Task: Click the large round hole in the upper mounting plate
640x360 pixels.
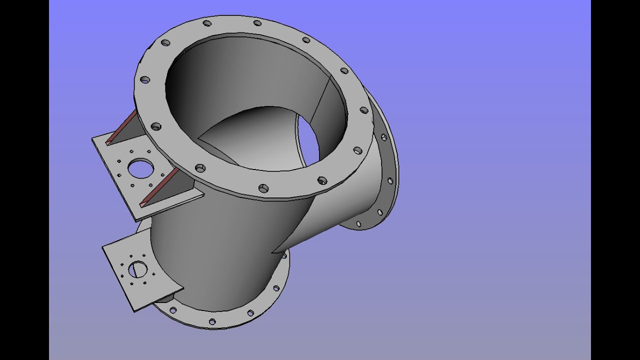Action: click(140, 168)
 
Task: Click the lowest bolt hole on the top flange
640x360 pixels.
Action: click(263, 188)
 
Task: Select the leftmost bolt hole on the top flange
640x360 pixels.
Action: click(144, 79)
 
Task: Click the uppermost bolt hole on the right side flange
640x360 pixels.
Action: click(383, 137)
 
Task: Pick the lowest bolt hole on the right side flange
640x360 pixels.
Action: click(358, 224)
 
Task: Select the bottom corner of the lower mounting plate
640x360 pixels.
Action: click(134, 310)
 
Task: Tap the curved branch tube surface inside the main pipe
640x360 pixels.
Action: click(250, 135)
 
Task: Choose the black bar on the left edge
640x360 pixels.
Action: click(24, 180)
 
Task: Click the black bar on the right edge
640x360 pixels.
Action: click(615, 180)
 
